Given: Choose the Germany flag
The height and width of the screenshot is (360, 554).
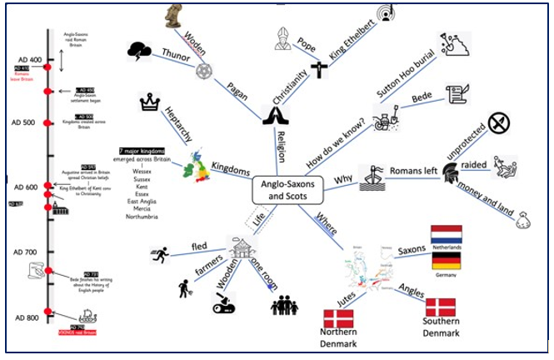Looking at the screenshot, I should point(447,261).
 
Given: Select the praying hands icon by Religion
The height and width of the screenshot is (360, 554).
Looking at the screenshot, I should point(275,117).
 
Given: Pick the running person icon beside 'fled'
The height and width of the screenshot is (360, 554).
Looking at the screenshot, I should point(160,251).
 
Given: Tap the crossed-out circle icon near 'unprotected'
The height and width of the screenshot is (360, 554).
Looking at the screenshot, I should point(499,124).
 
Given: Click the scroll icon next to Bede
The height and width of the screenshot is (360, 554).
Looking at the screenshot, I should point(455,93).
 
